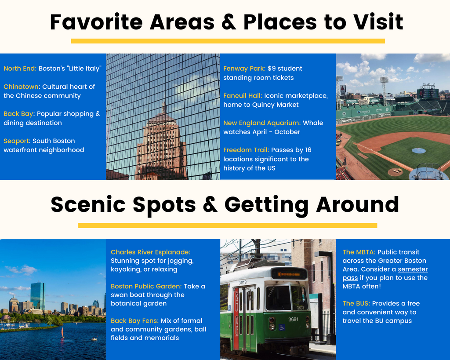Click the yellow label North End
click(x=20, y=68)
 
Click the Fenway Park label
click(x=244, y=68)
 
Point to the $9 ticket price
click(x=272, y=68)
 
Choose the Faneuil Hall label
click(x=243, y=95)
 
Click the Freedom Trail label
click(x=246, y=150)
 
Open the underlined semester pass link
click(x=385, y=273)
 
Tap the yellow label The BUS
click(x=356, y=303)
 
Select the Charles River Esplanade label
click(x=150, y=252)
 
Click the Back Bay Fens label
click(x=134, y=321)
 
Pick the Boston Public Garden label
click(x=146, y=286)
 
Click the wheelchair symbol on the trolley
click(x=282, y=327)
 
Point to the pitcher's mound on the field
click(x=419, y=150)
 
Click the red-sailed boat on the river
click(x=62, y=332)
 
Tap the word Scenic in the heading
click(x=88, y=204)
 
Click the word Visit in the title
click(x=378, y=22)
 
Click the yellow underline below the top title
click(x=228, y=41)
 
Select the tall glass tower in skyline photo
click(x=38, y=296)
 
